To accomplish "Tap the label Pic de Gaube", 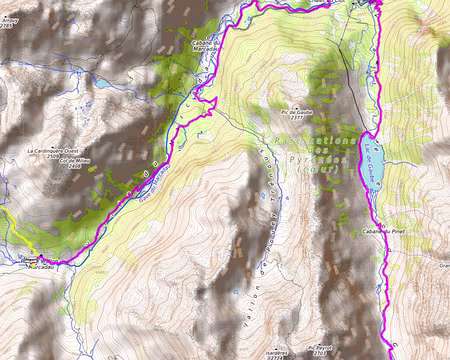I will tap(299, 112).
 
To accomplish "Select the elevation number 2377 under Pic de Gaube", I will tap(299, 118).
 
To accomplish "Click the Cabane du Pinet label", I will tap(381, 231).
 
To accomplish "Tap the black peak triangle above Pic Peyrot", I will tap(318, 342).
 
